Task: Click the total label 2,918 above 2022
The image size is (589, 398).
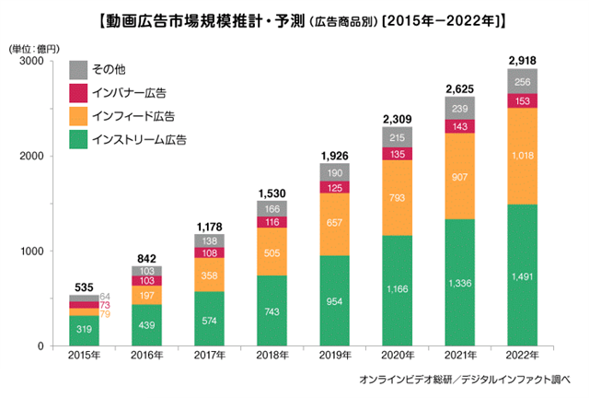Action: coord(523,61)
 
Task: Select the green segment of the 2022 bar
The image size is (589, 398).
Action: coord(523,275)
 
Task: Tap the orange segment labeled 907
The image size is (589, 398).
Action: coord(459,176)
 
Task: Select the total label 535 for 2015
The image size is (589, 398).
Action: coord(80,287)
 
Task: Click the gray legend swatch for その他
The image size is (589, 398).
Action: coord(78,69)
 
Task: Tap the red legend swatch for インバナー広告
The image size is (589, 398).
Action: coord(78,93)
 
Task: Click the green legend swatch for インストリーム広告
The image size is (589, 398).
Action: coord(78,140)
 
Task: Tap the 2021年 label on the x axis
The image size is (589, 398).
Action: coord(459,357)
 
